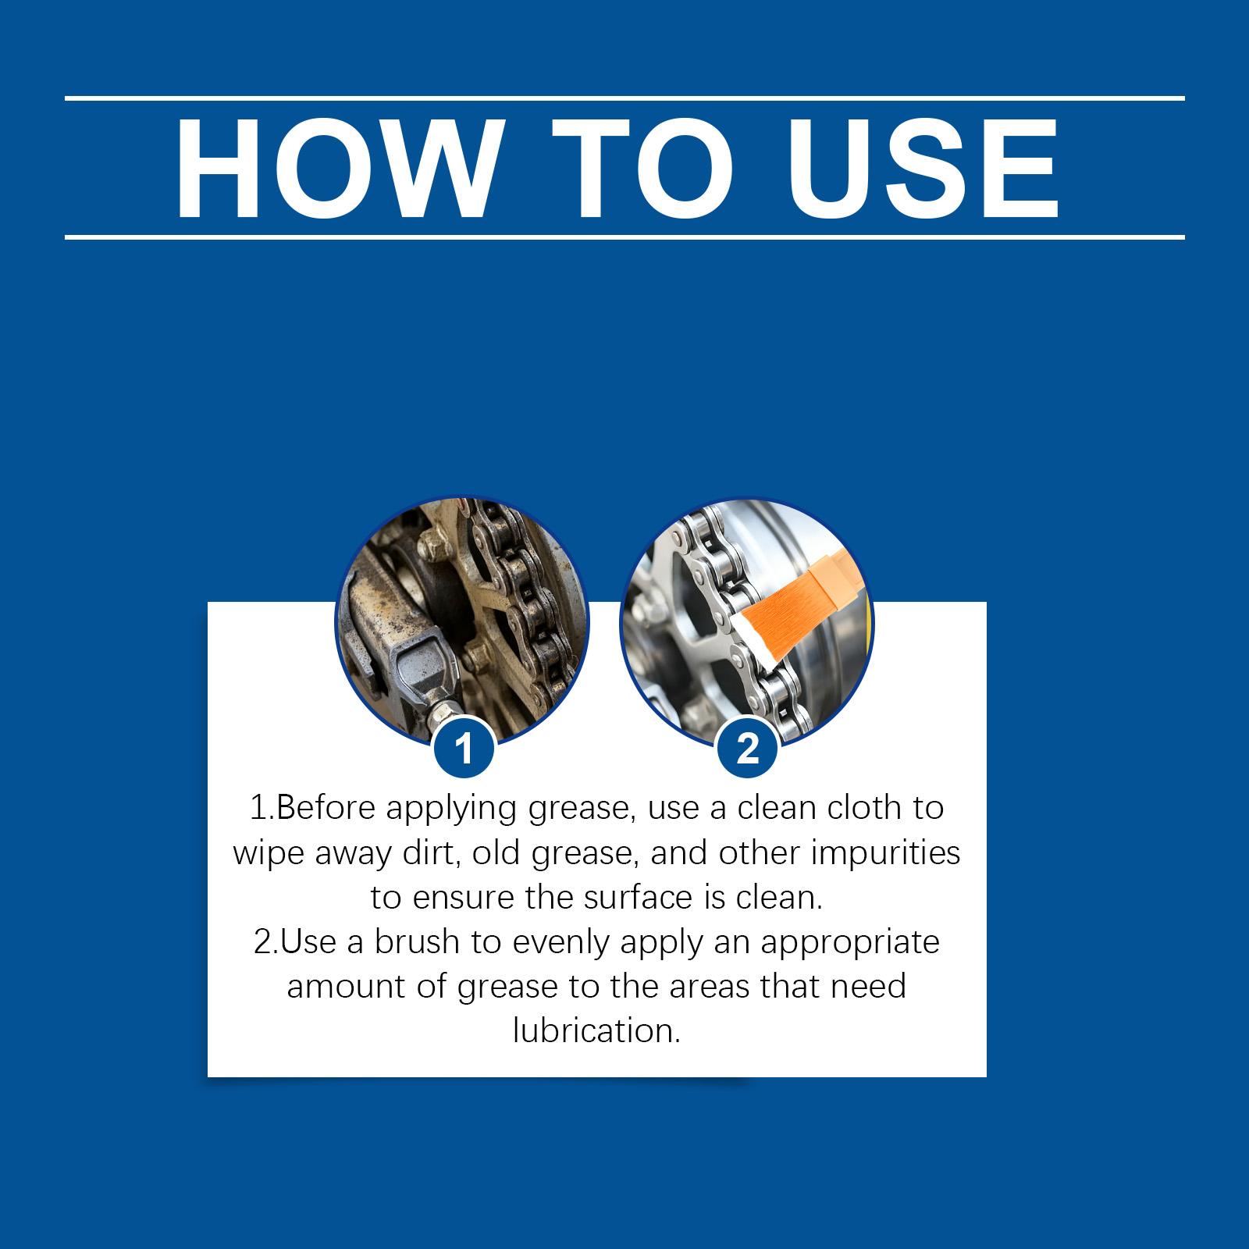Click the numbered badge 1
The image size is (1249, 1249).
[464, 749]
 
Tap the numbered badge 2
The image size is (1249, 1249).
[748, 749]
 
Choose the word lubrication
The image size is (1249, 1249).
[597, 1031]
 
